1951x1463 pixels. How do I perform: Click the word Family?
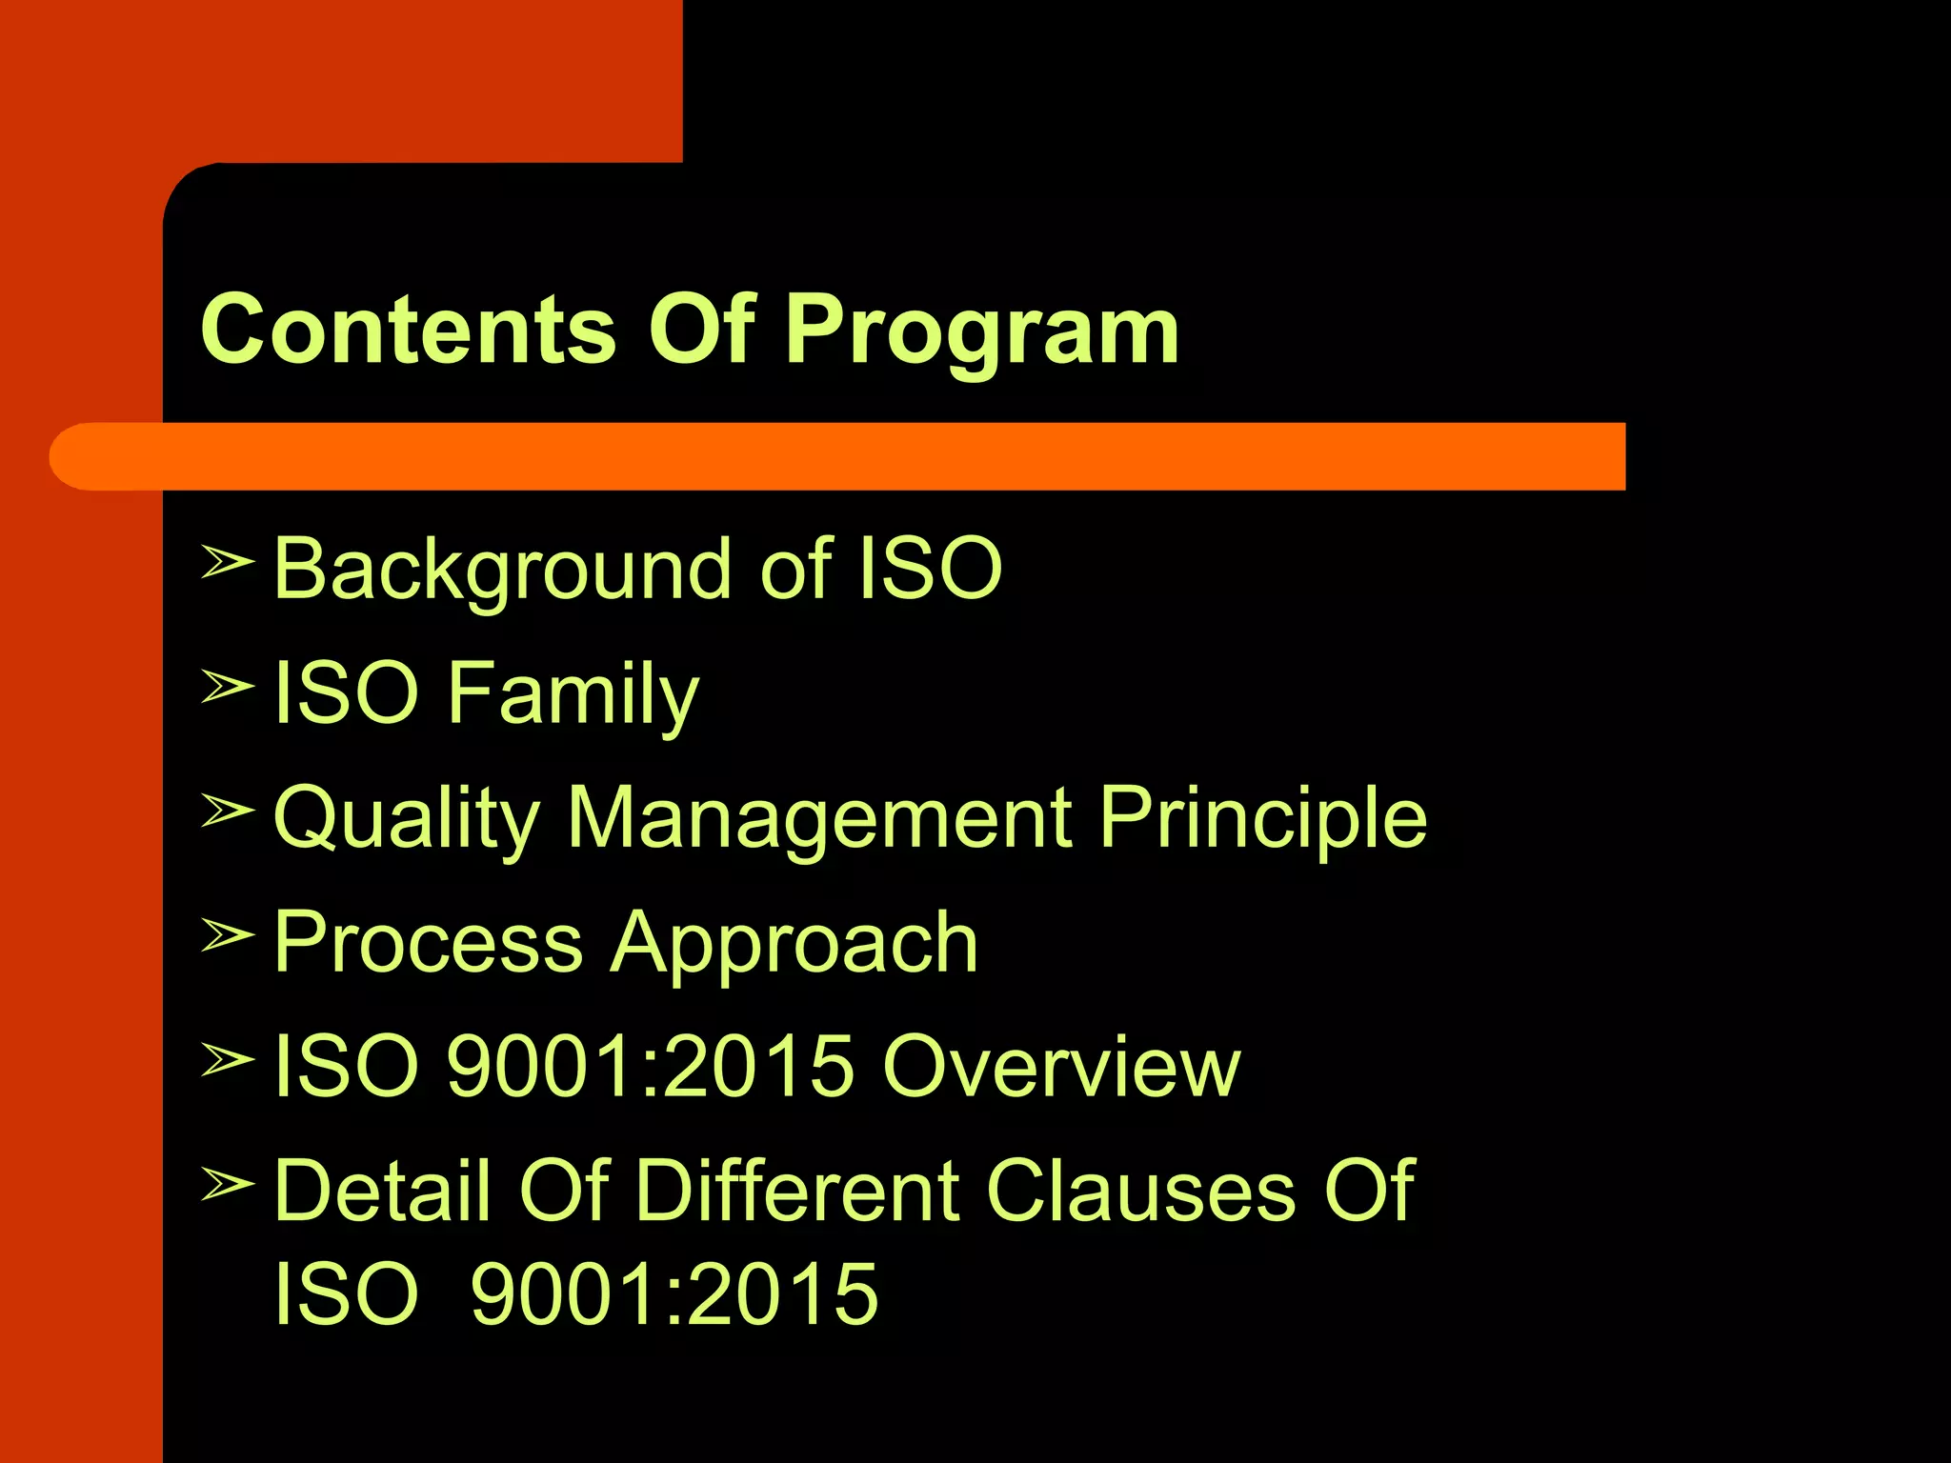coord(573,695)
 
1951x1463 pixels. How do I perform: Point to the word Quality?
coord(407,820)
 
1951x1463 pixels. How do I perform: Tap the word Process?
coord(428,943)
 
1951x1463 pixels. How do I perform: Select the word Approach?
coord(794,945)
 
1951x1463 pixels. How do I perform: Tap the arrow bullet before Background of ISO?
coord(227,562)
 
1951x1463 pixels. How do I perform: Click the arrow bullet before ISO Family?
coord(227,686)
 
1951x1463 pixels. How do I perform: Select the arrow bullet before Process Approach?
coord(227,935)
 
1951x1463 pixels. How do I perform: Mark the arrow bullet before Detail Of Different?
coord(227,1184)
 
